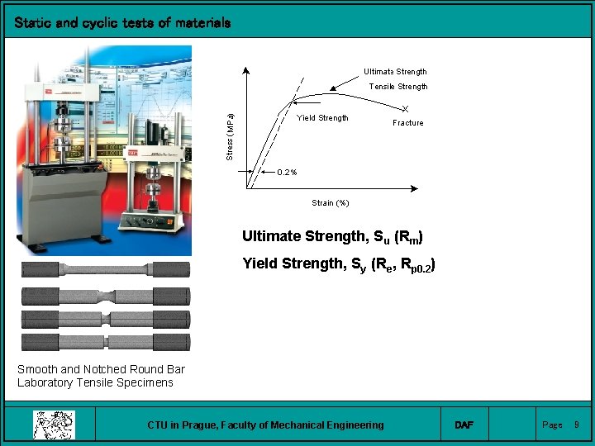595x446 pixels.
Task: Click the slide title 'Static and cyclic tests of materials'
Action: point(122,23)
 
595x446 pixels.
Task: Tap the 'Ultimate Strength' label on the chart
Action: point(395,72)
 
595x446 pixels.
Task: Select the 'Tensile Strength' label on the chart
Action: point(397,87)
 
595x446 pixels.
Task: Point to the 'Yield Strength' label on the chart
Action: point(322,118)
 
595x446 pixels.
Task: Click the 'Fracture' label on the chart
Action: point(407,123)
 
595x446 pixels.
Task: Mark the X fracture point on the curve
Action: point(405,109)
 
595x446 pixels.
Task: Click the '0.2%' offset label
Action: point(287,173)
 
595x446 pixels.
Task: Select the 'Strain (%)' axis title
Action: point(330,203)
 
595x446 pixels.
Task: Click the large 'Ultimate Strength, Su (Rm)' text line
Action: point(332,237)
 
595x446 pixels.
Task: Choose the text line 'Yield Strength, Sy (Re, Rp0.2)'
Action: point(339,265)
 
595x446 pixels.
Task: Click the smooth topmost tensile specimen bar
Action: point(106,268)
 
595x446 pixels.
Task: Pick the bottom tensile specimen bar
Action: point(106,342)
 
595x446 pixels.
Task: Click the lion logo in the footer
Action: point(54,425)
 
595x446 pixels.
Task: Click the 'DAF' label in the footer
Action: point(464,425)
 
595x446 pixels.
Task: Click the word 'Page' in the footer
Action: point(551,425)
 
